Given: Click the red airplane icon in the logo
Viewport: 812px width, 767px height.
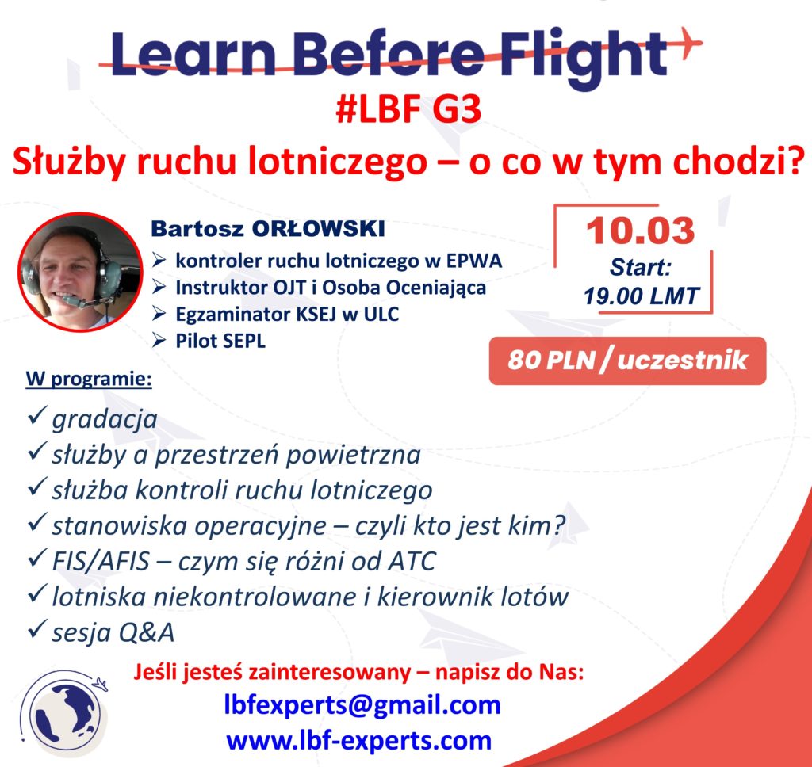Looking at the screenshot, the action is point(688,43).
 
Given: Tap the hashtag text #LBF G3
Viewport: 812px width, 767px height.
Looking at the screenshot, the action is point(408,109).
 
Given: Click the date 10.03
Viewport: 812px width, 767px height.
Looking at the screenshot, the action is point(641,231).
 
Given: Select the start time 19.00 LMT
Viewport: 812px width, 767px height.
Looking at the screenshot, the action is point(641,296).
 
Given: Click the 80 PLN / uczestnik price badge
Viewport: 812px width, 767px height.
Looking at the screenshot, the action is point(627,361).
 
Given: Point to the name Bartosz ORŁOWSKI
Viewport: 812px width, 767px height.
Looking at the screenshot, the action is point(268,229).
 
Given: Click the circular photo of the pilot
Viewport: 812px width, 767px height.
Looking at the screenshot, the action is point(80,272).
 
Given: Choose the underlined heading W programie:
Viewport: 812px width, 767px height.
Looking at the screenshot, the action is point(89,379).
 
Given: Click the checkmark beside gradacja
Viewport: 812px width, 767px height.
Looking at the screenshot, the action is point(37,415).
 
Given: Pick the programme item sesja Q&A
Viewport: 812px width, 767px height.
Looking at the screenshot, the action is point(113,632).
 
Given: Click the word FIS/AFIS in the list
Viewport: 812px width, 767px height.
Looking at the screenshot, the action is point(101,561).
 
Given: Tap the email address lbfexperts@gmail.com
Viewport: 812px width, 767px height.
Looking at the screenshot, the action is point(362,705).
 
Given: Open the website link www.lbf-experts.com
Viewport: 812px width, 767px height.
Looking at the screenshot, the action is point(359,741).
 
